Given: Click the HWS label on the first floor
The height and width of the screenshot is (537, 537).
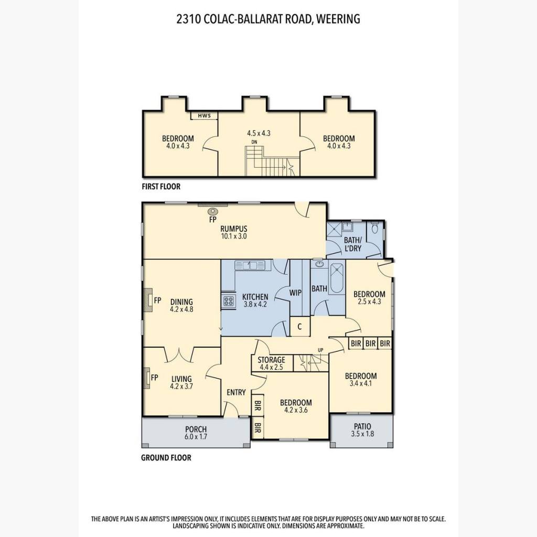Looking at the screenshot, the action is pos(204,116).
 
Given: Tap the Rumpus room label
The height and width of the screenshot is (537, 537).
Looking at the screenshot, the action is pos(233,229).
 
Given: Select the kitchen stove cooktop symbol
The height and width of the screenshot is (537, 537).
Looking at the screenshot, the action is pos(229,301).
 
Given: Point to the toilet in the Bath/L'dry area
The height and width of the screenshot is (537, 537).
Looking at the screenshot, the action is pos(374,228).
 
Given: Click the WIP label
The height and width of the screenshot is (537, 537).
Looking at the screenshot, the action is pos(295,293).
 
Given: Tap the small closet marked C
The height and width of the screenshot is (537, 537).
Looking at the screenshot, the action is pos(299,327).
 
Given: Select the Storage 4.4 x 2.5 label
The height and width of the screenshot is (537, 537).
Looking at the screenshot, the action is pos(271,363).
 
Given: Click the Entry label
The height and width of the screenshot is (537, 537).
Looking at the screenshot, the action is pos(237,392).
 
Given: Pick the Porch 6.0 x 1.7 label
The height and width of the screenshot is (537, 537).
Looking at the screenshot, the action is pos(196,433).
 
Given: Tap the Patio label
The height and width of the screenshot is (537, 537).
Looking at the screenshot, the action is pos(362,426).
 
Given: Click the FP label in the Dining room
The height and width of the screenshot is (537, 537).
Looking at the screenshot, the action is pos(157,300).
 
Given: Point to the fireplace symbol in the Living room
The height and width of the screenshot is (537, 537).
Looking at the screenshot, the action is pos(147,378).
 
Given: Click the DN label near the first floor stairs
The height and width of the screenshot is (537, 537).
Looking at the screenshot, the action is pos(254,142).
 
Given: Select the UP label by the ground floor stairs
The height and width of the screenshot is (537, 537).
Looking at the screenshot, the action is pos(320,350).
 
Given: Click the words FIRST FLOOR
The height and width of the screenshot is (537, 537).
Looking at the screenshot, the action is pos(161,187).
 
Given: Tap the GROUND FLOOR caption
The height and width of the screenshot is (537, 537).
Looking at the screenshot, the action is pos(166,457).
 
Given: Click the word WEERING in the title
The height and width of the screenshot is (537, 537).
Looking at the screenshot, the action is pos(338,19).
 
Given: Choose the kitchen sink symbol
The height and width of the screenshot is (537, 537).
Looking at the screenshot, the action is pos(250,265).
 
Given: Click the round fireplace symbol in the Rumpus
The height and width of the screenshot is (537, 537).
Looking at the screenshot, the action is pos(213,212).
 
